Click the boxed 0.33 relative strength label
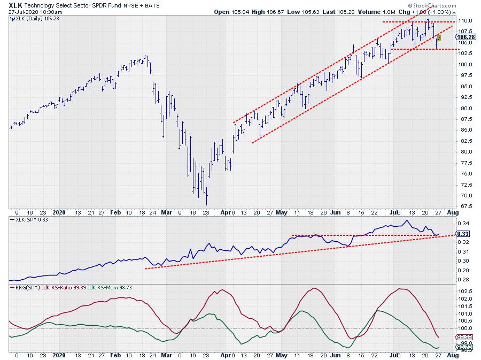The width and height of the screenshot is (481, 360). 464,234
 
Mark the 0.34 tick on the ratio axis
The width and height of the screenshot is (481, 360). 466,224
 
